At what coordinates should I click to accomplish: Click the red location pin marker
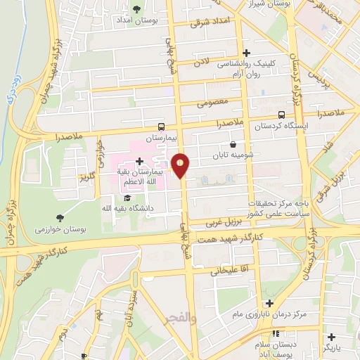click(x=181, y=165)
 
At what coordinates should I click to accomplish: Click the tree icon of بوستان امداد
click(x=136, y=9)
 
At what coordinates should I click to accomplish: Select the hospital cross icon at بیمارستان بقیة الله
click(x=139, y=162)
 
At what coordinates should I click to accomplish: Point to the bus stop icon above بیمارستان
click(x=162, y=127)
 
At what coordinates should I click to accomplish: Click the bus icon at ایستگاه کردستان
click(x=281, y=115)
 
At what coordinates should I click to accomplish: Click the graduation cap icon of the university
click(x=127, y=198)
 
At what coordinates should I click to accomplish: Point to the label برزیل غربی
click(x=224, y=221)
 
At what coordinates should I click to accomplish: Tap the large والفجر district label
click(x=179, y=318)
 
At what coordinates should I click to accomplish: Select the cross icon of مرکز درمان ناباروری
click(x=269, y=303)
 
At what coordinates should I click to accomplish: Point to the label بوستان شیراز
click(x=266, y=4)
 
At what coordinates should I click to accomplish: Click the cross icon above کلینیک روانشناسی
click(x=246, y=53)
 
